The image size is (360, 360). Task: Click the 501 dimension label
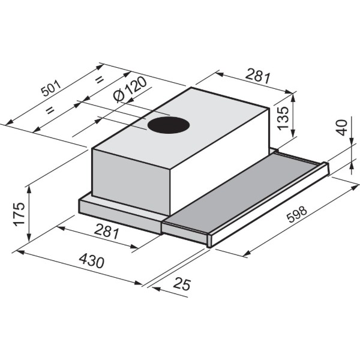point(52,88)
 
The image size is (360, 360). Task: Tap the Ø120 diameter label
point(130,89)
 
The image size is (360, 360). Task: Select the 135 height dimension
point(283,118)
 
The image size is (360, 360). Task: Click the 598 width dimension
point(298,214)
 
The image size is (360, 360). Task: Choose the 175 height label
point(19,214)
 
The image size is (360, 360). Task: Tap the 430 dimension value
point(92,260)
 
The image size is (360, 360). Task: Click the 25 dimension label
point(182,284)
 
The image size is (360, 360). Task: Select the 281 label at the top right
point(258,75)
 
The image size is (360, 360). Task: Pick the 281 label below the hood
point(107,231)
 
